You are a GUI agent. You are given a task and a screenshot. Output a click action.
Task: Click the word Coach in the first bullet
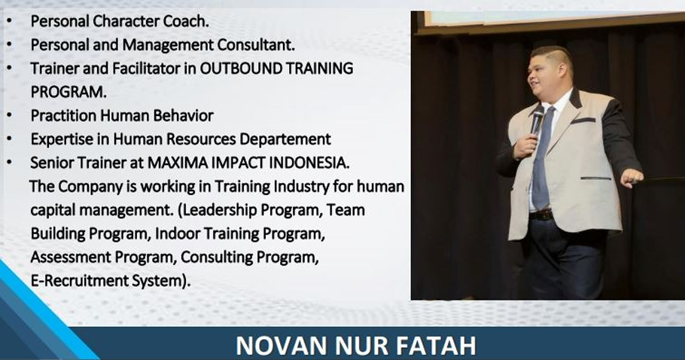tap(186, 21)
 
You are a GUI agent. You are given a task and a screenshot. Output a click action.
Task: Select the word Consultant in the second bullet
tap(256, 44)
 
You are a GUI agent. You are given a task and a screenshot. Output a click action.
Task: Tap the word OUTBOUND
tap(238, 69)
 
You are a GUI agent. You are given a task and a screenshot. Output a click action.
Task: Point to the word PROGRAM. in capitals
tap(68, 92)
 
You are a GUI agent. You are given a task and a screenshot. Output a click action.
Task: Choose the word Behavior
tap(184, 115)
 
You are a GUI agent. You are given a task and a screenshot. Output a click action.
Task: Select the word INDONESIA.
tap(309, 163)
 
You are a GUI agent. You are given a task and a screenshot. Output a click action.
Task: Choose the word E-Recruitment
tap(80, 280)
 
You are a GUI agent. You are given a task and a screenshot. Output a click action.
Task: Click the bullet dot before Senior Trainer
tap(10, 163)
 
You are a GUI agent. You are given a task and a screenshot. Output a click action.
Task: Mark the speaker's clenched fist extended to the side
tap(632, 178)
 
